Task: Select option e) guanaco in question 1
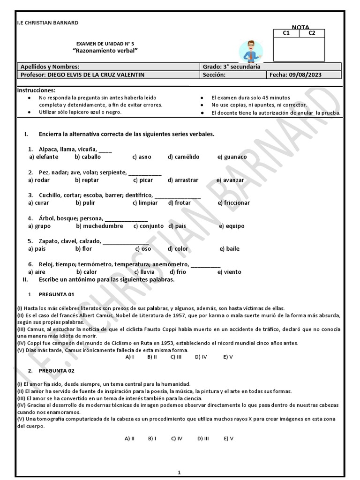tap(232, 157)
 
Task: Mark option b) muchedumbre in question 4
tap(99, 226)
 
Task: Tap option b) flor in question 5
tap(84, 249)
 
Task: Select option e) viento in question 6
tap(229, 272)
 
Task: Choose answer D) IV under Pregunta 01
tap(201, 357)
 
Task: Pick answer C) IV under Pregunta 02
tap(177, 439)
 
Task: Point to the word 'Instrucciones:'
tap(36, 90)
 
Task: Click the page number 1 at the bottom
tap(179, 473)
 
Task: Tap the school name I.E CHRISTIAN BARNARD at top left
tap(47, 22)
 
